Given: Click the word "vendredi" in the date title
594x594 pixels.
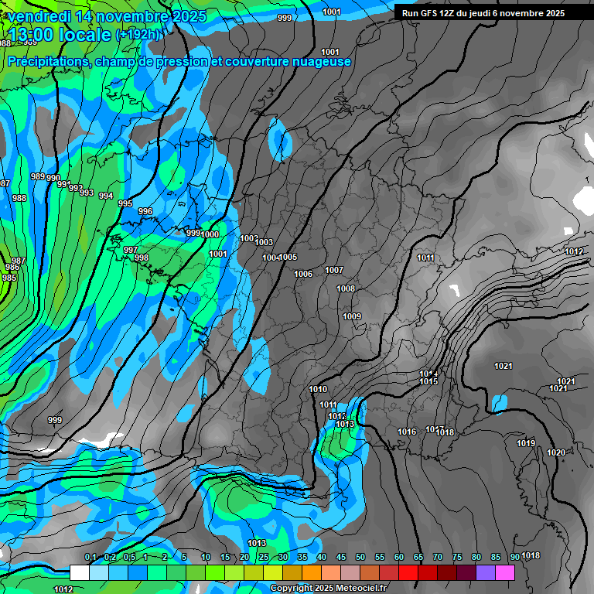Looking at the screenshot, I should click(39, 15).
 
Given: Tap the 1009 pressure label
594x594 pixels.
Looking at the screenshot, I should click(352, 316).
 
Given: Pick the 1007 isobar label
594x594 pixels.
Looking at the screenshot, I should click(334, 270).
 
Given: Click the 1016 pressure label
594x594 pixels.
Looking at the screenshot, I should click(407, 432).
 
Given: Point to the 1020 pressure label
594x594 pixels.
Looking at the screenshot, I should click(555, 452).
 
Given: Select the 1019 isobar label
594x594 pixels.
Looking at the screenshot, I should click(526, 443).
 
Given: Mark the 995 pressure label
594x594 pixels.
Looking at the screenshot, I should click(125, 203).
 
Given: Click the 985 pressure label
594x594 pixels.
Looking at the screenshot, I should click(9, 278).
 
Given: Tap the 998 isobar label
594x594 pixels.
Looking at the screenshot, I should click(142, 258).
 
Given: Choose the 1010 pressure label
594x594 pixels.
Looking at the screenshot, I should click(318, 389).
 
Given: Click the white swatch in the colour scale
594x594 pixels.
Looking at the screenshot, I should click(79, 572).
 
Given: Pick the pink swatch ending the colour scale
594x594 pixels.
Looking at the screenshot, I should click(505, 572).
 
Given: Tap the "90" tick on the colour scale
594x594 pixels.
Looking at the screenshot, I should click(514, 557).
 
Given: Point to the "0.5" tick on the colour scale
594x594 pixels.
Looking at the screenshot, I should click(128, 557).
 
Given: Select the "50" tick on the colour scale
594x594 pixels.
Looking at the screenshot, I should click(360, 557).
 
